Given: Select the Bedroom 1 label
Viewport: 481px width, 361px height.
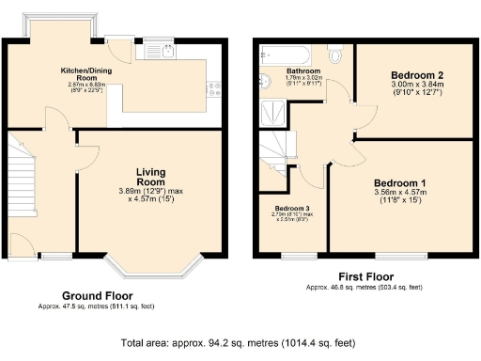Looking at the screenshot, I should [400, 182].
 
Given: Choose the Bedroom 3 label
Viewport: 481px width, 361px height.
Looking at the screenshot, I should [290, 208].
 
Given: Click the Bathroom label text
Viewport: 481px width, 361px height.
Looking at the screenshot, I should [303, 71].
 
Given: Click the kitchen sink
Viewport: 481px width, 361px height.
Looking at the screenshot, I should [151, 54].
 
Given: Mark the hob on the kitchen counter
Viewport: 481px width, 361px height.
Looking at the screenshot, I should [215, 90].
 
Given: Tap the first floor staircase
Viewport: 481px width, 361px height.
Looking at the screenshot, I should [275, 146].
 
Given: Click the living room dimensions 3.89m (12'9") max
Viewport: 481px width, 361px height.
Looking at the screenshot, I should [151, 193].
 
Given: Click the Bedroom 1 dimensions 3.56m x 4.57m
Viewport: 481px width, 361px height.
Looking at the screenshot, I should [401, 194].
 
